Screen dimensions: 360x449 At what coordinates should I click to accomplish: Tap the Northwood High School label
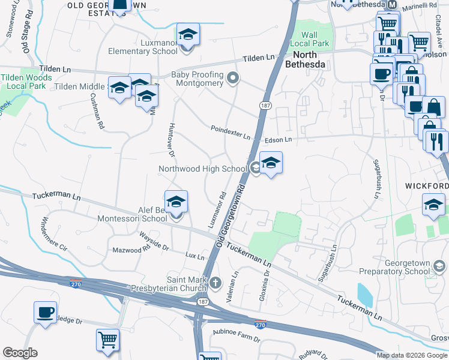pyautogui.click(x=202, y=169)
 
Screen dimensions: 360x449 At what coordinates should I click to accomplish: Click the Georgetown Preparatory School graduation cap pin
pyautogui.click(x=439, y=265)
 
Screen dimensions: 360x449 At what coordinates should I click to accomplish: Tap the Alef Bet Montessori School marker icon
pyautogui.click(x=176, y=202)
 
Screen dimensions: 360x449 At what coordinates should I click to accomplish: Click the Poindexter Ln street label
pyautogui.click(x=230, y=132)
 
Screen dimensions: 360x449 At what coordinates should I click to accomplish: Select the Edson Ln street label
pyautogui.click(x=278, y=140)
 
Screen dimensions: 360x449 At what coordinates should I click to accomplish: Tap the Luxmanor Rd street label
pyautogui.click(x=217, y=209)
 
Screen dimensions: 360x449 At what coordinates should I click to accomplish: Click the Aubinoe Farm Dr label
pyautogui.click(x=235, y=335)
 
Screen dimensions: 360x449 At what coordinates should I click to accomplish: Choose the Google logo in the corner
pyautogui.click(x=20, y=352)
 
